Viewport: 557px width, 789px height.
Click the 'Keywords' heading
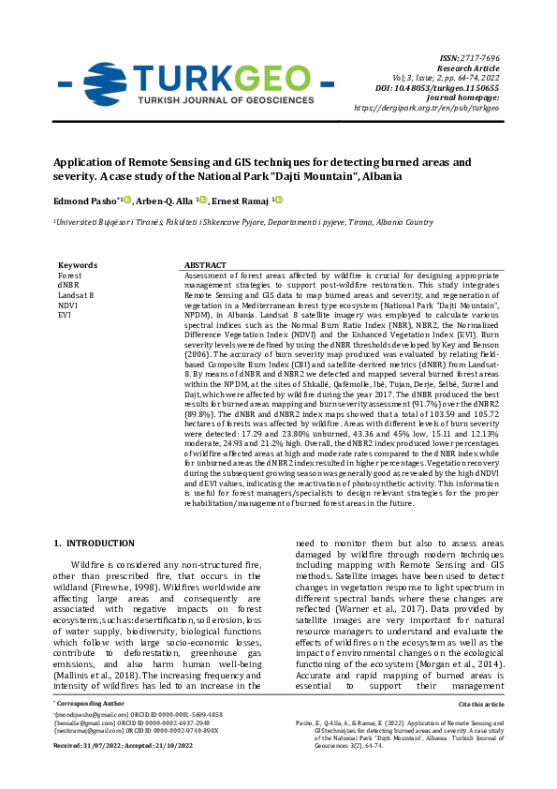coord(78,265)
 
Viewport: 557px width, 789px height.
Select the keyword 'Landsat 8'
coord(76,295)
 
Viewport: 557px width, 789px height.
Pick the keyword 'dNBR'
coord(69,285)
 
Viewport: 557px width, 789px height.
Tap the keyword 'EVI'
coord(65,315)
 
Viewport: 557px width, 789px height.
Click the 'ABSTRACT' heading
coord(205,265)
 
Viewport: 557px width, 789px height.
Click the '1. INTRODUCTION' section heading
coord(95,543)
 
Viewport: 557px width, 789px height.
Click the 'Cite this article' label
coord(482,728)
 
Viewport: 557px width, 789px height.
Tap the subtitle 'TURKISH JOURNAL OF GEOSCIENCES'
coord(225,99)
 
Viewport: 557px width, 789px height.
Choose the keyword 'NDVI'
coord(67,305)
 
